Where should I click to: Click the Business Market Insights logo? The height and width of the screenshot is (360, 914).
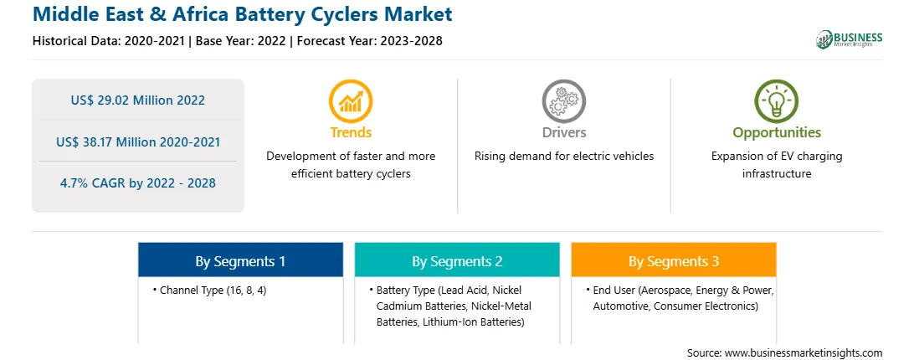tap(849, 39)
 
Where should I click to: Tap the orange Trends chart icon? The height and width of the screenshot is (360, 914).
tap(351, 101)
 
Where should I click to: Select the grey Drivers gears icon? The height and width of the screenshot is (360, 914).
tap(563, 101)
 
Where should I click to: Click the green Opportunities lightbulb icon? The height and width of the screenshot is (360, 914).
tap(777, 101)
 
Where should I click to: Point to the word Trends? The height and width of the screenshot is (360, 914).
tap(351, 132)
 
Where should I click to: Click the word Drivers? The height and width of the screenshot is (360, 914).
tap(564, 132)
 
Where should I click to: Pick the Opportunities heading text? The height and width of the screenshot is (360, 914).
tap(777, 133)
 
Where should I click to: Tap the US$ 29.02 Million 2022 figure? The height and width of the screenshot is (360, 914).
tap(138, 100)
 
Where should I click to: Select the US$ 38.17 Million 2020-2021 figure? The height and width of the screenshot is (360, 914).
tap(138, 141)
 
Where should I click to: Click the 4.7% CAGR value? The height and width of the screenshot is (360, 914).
tap(138, 183)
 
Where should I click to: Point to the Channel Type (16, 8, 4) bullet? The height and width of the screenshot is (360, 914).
tap(209, 290)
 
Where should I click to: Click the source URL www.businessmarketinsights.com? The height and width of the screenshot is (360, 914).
tap(804, 352)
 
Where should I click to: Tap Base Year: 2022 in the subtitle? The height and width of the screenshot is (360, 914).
tap(241, 41)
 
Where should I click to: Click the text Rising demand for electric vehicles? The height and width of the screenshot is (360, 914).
tap(564, 157)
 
